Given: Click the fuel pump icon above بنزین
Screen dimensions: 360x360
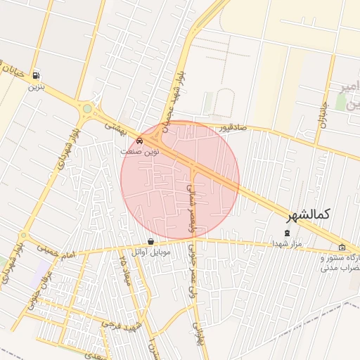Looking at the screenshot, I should pyautogui.click(x=35, y=77).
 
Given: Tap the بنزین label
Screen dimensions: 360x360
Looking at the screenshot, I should pyautogui.click(x=35, y=88).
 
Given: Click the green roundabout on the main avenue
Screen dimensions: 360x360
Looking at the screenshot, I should pyautogui.click(x=87, y=109).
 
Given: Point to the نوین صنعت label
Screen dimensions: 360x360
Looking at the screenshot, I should pyautogui.click(x=140, y=151).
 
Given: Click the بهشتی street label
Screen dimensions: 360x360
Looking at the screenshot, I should pyautogui.click(x=114, y=127).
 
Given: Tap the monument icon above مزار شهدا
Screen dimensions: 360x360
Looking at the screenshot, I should pyautogui.click(x=286, y=233).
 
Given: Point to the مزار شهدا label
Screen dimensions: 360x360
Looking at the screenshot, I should pyautogui.click(x=287, y=243).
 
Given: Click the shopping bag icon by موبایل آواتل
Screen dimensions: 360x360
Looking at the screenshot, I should pyautogui.click(x=150, y=242).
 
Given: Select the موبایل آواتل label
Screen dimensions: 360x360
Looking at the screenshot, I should pyautogui.click(x=150, y=252).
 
